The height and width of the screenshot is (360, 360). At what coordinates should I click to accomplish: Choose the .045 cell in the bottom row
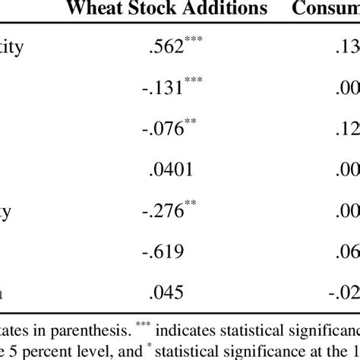[x=170, y=289]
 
